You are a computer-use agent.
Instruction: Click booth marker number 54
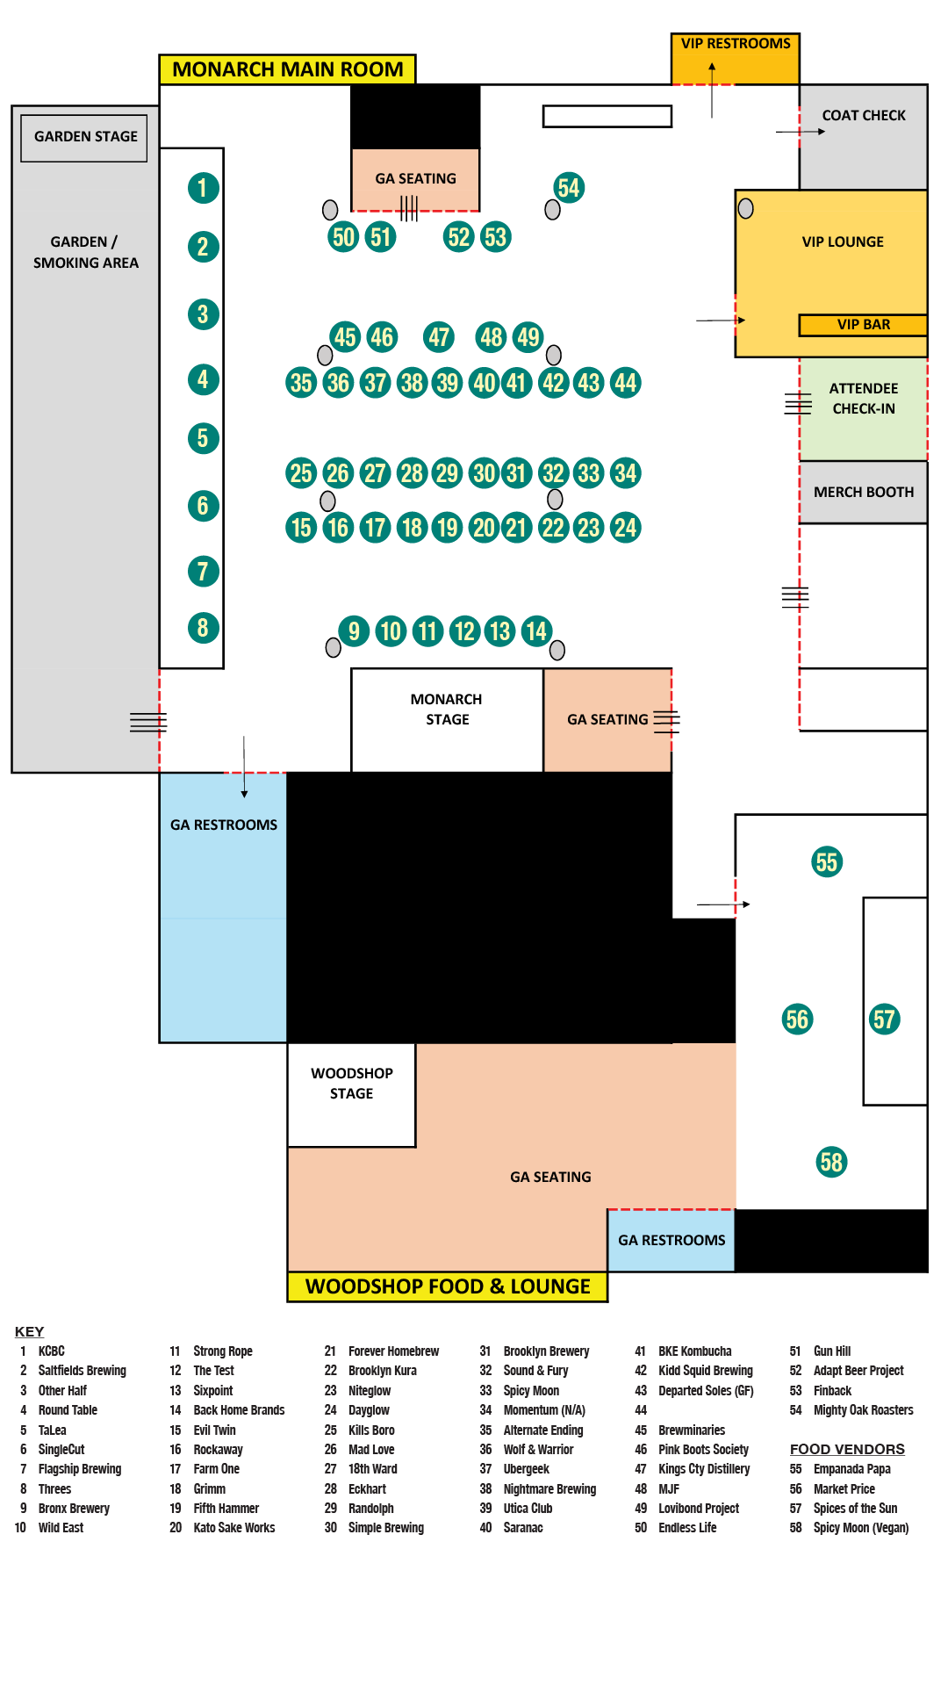click(x=569, y=187)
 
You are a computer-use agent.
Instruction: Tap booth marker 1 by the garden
click(x=203, y=187)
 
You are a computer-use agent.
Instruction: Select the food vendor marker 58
click(x=831, y=1162)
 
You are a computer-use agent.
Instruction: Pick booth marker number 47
click(x=439, y=336)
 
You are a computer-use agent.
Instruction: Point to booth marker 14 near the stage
click(x=535, y=630)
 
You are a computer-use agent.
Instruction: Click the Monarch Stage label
click(x=447, y=709)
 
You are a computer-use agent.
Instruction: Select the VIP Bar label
click(x=863, y=325)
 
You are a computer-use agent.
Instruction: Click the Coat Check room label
click(x=864, y=115)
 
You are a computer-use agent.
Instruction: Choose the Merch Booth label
click(x=864, y=492)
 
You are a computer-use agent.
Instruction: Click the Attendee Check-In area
click(x=864, y=399)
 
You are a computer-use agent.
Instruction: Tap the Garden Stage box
click(x=85, y=137)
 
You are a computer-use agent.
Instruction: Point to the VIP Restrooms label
click(x=736, y=44)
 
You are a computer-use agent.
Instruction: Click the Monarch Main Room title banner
click(x=288, y=69)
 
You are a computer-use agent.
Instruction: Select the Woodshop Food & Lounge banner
click(x=448, y=1286)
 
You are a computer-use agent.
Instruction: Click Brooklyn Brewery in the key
click(x=546, y=1351)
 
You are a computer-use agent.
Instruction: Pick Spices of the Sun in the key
click(x=855, y=1509)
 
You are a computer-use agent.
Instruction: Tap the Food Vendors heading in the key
click(x=847, y=1449)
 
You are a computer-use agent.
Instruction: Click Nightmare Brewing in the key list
click(x=549, y=1489)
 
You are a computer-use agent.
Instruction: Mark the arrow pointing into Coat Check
click(x=801, y=132)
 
